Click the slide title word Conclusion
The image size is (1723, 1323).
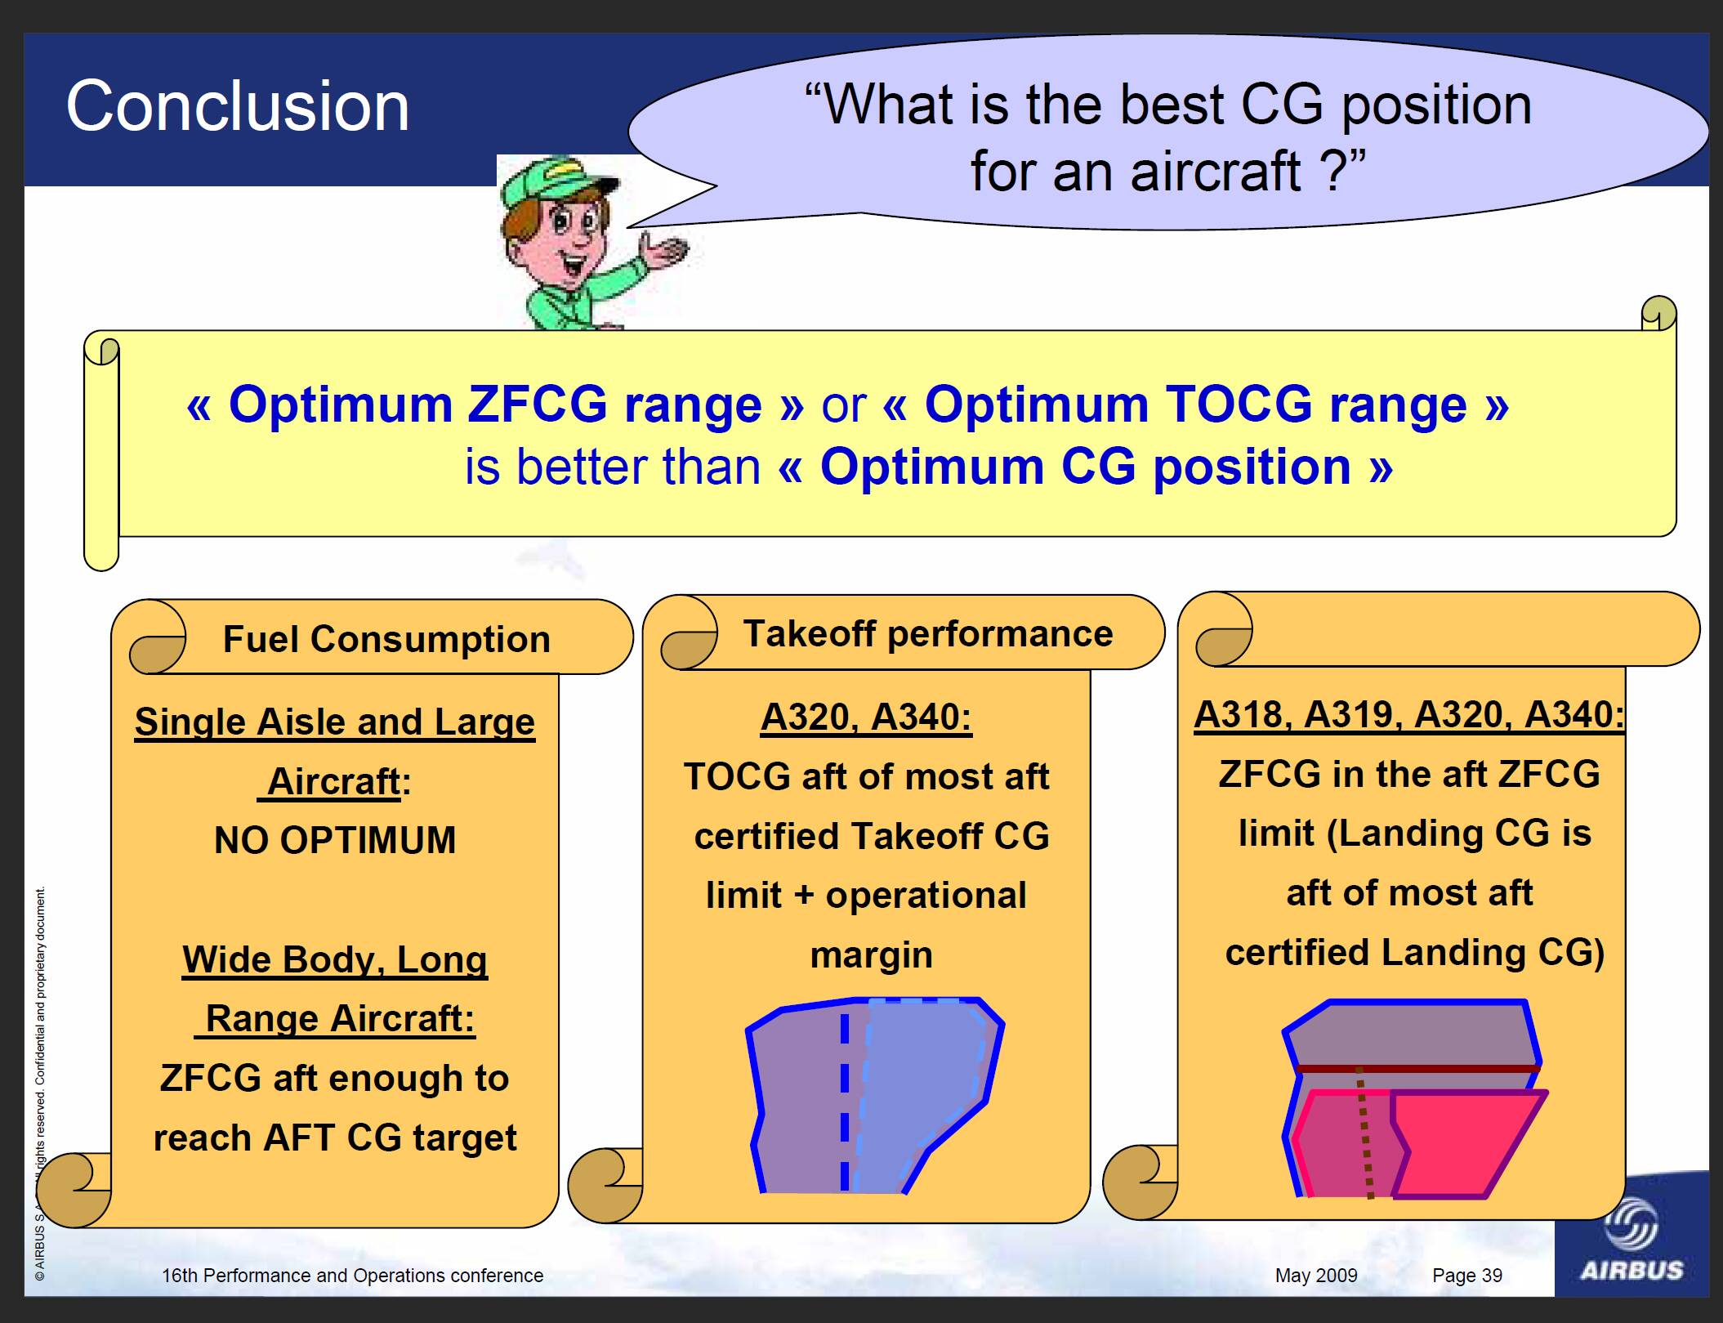[x=237, y=106]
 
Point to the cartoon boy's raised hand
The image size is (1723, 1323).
[x=666, y=249]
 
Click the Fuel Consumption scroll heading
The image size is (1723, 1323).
[x=386, y=639]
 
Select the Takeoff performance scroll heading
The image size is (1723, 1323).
[x=928, y=633]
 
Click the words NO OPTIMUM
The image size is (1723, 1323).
[x=335, y=840]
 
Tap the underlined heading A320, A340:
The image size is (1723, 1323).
[x=866, y=717]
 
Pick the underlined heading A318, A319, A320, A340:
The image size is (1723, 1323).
[x=1409, y=715]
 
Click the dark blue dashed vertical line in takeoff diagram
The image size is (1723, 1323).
[x=845, y=1102]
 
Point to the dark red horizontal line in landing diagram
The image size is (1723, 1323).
[x=1418, y=1069]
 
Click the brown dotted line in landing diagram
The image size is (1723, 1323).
[x=1365, y=1133]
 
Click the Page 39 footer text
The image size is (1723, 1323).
[x=1467, y=1276]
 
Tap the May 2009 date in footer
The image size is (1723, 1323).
[x=1316, y=1276]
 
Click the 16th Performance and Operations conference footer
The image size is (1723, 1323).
[x=352, y=1276]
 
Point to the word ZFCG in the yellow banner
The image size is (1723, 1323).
[x=538, y=404]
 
